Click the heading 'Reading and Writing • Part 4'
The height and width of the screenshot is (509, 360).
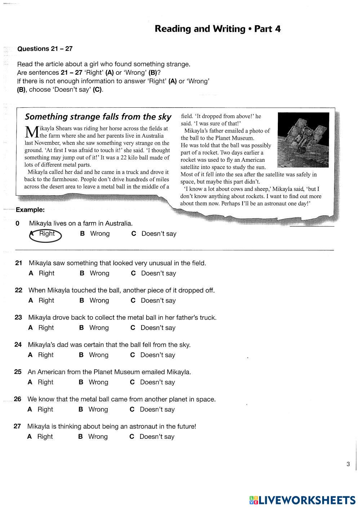(x=217, y=29)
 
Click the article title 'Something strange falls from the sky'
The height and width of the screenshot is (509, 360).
(x=98, y=117)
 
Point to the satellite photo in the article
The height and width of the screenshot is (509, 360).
(x=303, y=140)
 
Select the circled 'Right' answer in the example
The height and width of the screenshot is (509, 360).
(x=46, y=234)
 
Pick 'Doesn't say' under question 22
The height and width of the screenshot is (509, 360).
(x=158, y=300)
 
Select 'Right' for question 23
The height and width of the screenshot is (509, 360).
(x=46, y=328)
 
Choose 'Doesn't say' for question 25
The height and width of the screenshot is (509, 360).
(x=157, y=382)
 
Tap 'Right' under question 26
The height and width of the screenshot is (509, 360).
(x=45, y=410)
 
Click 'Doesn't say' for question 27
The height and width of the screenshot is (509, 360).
(x=156, y=437)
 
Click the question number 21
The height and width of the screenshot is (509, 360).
(x=19, y=263)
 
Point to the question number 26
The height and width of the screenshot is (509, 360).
(x=18, y=399)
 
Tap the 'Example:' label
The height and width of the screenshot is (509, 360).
(x=30, y=210)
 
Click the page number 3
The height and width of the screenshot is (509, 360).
(x=348, y=464)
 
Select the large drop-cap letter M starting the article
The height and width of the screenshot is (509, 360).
(x=32, y=132)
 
